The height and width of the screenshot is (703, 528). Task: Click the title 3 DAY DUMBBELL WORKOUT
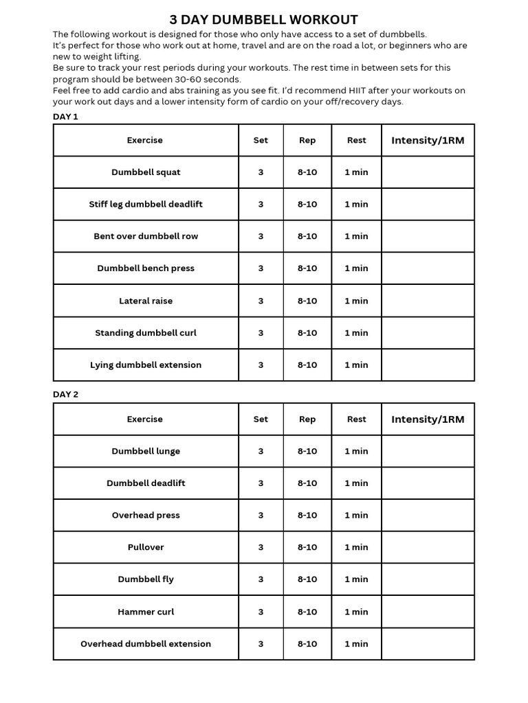tap(264, 20)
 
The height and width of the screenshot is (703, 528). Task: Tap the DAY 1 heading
tap(65, 117)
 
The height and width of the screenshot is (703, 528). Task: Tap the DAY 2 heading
tap(65, 395)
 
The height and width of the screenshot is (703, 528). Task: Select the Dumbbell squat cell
tap(146, 172)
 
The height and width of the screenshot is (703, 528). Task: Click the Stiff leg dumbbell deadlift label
tap(146, 205)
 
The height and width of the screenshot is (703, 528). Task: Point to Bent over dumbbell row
tap(146, 236)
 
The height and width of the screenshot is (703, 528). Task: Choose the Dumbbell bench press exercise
tap(146, 268)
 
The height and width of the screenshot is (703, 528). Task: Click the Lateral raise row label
tap(146, 301)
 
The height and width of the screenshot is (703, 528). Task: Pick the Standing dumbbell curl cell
tap(146, 333)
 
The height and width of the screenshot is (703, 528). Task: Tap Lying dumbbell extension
tap(146, 365)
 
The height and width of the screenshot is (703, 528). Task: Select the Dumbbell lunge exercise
tap(146, 451)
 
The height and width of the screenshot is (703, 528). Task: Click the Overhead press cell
tap(146, 516)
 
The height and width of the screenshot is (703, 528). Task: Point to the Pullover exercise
tap(146, 547)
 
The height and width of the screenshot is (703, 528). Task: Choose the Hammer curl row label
tap(146, 612)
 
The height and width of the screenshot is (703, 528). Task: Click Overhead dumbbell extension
tap(146, 644)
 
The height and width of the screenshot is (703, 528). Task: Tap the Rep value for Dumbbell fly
tap(307, 579)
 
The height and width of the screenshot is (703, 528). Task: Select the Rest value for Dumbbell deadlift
tap(356, 483)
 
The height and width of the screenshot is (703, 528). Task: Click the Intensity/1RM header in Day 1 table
tap(428, 141)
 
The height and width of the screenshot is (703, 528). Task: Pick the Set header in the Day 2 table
tap(261, 419)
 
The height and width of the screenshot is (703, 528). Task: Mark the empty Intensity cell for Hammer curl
tap(428, 612)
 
